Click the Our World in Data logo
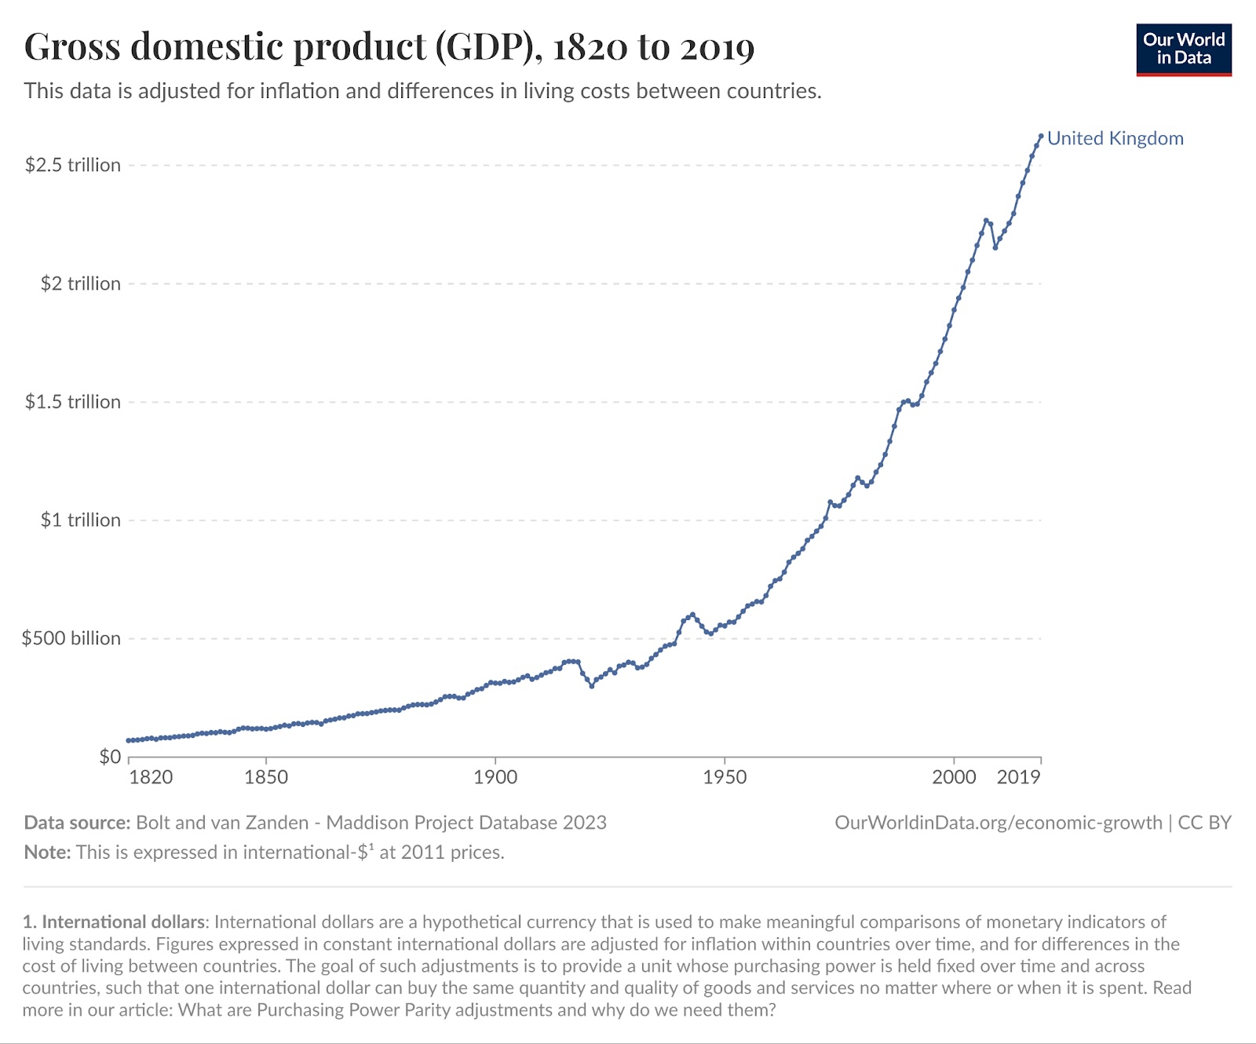[x=1184, y=50]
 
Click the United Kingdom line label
[x=1115, y=139]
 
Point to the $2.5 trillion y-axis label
[x=73, y=165]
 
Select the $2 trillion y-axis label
[x=80, y=283]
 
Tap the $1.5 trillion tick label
[x=73, y=402]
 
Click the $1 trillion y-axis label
[x=80, y=520]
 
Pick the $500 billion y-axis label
[x=71, y=638]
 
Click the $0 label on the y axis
[x=110, y=757]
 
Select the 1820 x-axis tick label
[x=151, y=777]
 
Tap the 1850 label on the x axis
[x=266, y=777]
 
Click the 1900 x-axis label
[x=495, y=777]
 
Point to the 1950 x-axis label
[x=725, y=777]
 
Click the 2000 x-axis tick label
[x=954, y=777]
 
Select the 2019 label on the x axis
[x=1018, y=777]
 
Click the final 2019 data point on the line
[x=1041, y=136]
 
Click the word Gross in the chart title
[x=72, y=47]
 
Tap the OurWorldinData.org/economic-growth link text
[x=998, y=823]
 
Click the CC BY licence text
[x=1204, y=823]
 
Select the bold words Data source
[x=77, y=823]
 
